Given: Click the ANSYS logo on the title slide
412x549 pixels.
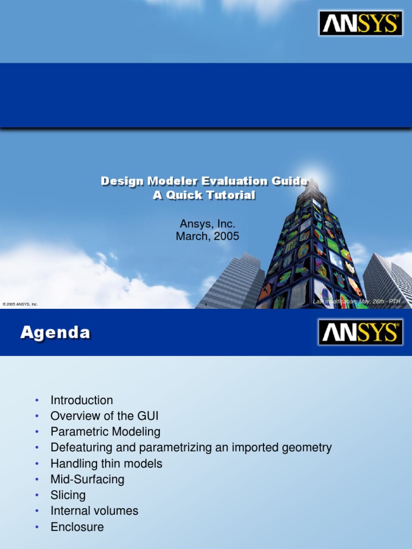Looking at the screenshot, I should click(360, 23).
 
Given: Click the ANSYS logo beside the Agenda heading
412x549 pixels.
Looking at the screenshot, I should click(360, 332).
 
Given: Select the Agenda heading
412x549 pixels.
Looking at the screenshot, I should click(55, 333).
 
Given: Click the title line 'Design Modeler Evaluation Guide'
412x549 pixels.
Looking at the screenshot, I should click(204, 182).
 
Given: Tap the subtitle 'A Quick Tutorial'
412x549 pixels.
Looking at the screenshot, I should click(204, 196).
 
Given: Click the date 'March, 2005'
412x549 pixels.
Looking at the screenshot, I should click(207, 236).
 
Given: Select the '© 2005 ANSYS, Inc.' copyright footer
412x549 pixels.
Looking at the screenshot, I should click(20, 304).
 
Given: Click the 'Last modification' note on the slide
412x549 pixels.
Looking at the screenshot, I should click(357, 302).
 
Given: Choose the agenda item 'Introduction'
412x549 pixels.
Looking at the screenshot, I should click(82, 400).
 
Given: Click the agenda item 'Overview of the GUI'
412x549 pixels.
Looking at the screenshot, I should click(105, 416).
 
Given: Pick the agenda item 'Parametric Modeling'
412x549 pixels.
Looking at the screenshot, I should click(105, 432).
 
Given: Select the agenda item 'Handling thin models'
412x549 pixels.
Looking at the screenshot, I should click(106, 463).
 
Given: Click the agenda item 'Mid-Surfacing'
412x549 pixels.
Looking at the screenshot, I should click(87, 479).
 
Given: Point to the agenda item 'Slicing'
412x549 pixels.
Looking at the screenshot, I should click(68, 495).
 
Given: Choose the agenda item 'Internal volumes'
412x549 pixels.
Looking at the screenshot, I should click(94, 511).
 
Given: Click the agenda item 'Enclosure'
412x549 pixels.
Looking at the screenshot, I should click(77, 527).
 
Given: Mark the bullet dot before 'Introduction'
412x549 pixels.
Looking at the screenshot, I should click(36, 400).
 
